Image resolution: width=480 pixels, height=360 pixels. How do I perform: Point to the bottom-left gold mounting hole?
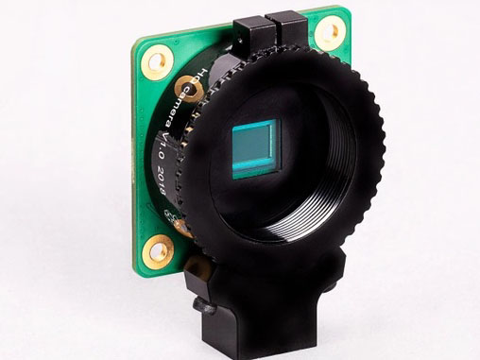[156, 250]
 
